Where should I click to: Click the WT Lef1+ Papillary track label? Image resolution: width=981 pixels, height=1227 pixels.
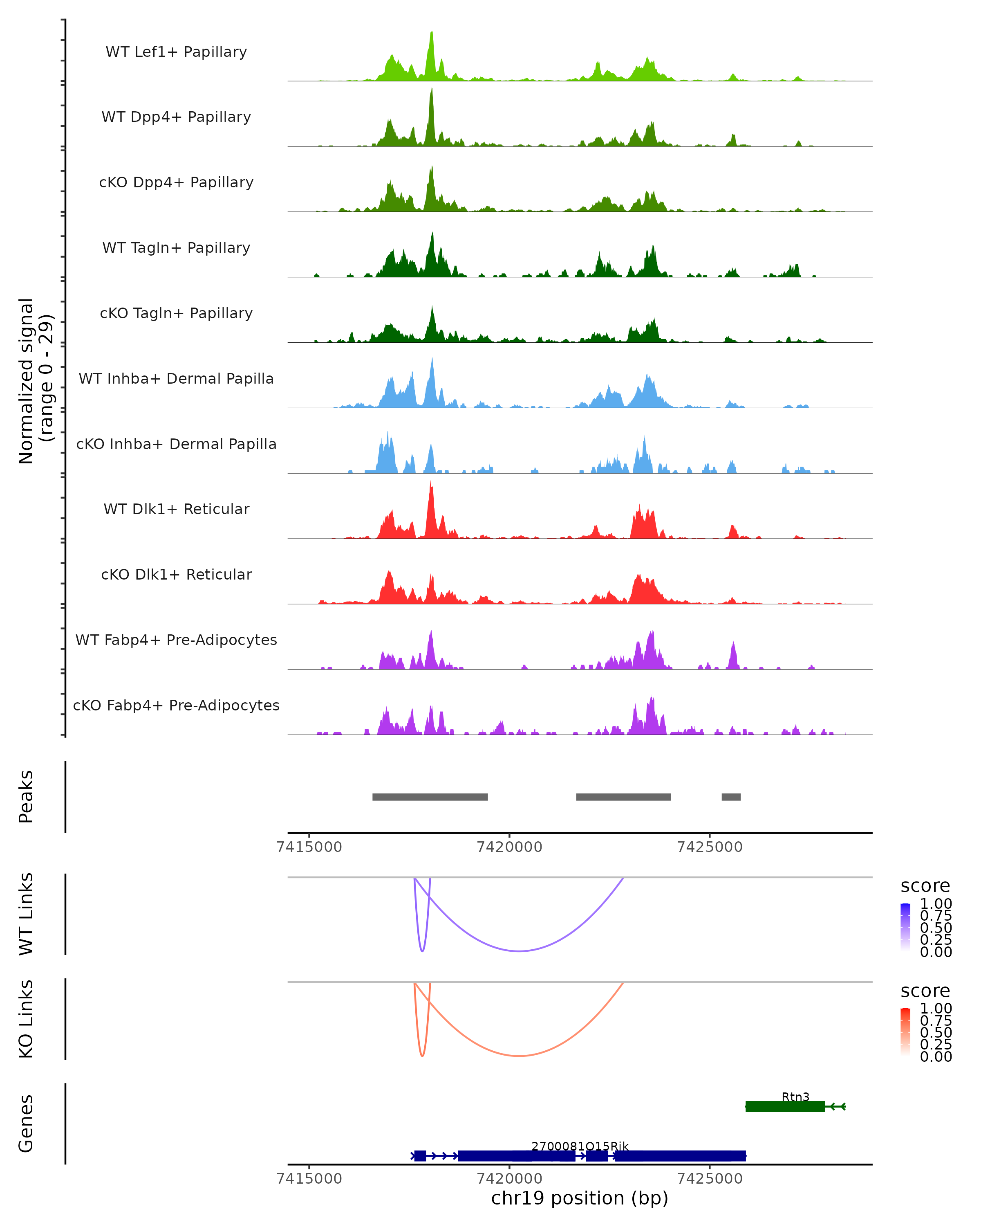tap(176, 52)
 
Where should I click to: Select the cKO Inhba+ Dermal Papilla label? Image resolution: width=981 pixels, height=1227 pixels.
tap(176, 444)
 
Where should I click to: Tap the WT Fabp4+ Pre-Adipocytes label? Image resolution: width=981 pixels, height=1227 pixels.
tap(176, 640)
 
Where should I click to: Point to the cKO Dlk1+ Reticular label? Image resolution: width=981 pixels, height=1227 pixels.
tap(176, 574)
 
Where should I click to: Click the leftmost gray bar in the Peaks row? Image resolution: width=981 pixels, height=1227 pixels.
tap(430, 797)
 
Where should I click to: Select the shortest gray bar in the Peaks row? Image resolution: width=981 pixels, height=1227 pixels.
tap(731, 797)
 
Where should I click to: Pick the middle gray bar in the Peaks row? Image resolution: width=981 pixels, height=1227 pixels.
tap(623, 797)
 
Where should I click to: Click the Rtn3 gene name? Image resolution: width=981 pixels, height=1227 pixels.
tap(795, 1097)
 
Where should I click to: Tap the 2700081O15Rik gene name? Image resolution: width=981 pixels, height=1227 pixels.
tap(580, 1146)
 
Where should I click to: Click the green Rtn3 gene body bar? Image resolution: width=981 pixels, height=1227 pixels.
tap(785, 1106)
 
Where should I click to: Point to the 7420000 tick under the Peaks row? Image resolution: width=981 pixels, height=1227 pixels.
tap(510, 847)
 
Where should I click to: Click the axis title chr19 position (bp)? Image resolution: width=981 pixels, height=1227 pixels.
tap(580, 1198)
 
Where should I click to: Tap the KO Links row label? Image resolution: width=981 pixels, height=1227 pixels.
tap(26, 1019)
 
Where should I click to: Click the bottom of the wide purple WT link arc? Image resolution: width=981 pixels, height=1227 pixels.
tap(519, 951)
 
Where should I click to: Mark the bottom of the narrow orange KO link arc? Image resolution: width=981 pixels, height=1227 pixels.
tap(422, 1056)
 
